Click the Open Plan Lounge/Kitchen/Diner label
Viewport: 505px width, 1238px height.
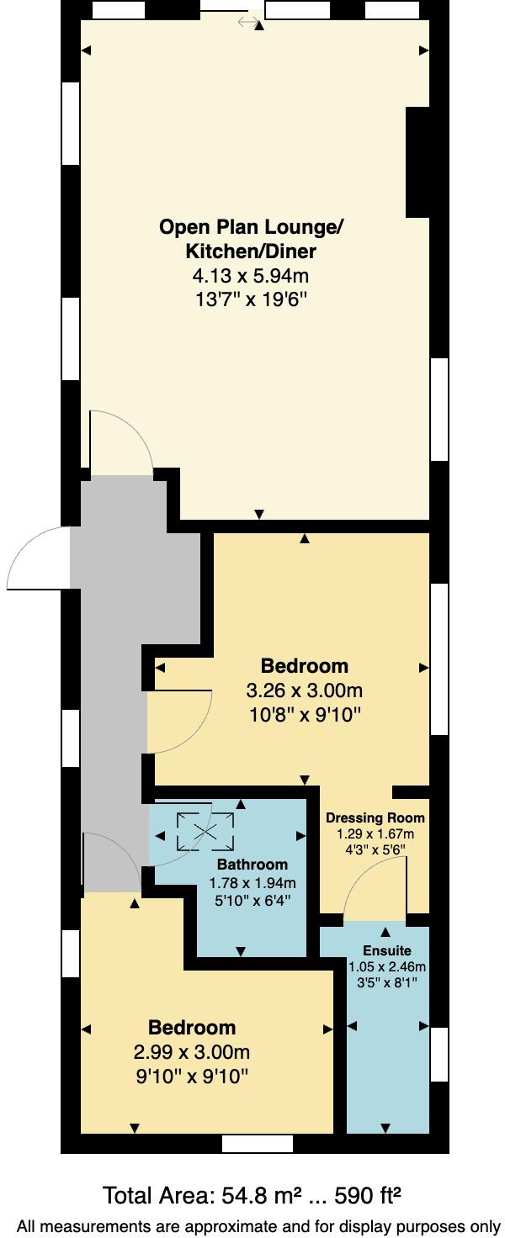coord(252,239)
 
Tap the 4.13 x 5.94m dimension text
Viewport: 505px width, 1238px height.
coord(252,275)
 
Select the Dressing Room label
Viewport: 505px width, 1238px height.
coord(375,817)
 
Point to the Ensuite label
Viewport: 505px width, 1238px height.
coord(387,950)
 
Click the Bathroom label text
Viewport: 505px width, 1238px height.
coord(252,865)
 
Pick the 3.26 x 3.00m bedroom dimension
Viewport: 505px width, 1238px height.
coord(304,691)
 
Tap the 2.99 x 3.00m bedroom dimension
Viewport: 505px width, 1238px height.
coord(192,1052)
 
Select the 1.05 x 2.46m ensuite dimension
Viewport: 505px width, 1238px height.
coord(387,966)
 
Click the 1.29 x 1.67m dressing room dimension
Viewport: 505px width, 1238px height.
coord(375,834)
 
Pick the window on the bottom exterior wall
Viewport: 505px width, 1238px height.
coord(258,1144)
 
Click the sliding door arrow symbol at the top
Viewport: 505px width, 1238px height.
coord(249,22)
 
